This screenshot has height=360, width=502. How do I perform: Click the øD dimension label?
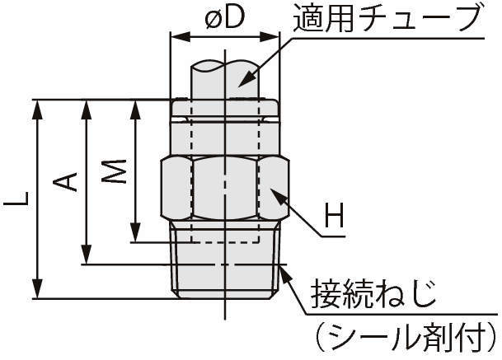(x=224, y=18)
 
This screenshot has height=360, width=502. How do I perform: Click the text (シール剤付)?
(x=401, y=336)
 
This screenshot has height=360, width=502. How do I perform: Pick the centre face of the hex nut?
(x=224, y=188)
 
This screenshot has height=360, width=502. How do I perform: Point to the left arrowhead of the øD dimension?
(x=176, y=37)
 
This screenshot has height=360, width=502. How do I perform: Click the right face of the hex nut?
(x=271, y=188)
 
